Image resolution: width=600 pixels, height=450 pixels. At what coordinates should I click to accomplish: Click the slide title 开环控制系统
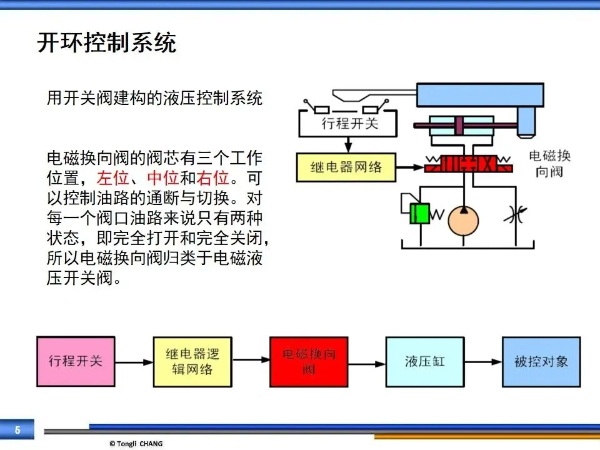[x=107, y=42]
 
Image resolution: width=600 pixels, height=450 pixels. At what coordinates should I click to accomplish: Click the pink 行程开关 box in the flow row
[x=76, y=361]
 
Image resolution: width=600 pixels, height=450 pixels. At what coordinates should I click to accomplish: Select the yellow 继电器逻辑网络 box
[x=192, y=362]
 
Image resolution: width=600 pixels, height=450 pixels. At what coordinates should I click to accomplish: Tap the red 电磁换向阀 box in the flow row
[x=309, y=362]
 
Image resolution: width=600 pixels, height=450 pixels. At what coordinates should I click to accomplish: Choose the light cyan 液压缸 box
[x=425, y=362]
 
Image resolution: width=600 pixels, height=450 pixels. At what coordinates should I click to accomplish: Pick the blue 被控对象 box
[x=541, y=362]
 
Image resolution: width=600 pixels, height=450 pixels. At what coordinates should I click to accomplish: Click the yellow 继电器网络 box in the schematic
[x=346, y=167]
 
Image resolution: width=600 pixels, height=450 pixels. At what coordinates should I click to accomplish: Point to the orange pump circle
[x=463, y=221]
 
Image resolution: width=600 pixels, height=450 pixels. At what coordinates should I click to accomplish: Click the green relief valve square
[x=419, y=214]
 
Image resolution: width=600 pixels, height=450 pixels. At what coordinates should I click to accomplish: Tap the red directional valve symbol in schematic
[x=468, y=164]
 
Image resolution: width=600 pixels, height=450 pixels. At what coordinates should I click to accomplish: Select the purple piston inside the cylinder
[x=459, y=125]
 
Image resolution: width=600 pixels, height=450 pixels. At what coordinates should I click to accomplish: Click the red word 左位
[x=112, y=178]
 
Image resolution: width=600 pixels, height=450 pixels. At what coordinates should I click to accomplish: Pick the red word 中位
[x=162, y=178]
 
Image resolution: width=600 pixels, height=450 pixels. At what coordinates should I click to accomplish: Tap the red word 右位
[x=212, y=178]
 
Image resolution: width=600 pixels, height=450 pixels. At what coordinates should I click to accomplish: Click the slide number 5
[x=17, y=430]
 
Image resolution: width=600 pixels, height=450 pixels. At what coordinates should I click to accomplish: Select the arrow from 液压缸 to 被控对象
[x=483, y=362]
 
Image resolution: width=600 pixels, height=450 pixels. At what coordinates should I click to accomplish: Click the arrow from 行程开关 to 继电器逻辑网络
[x=134, y=362]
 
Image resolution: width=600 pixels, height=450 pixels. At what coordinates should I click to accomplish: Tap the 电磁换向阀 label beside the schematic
[x=549, y=164]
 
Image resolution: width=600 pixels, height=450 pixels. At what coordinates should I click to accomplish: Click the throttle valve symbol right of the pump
[x=516, y=216]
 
